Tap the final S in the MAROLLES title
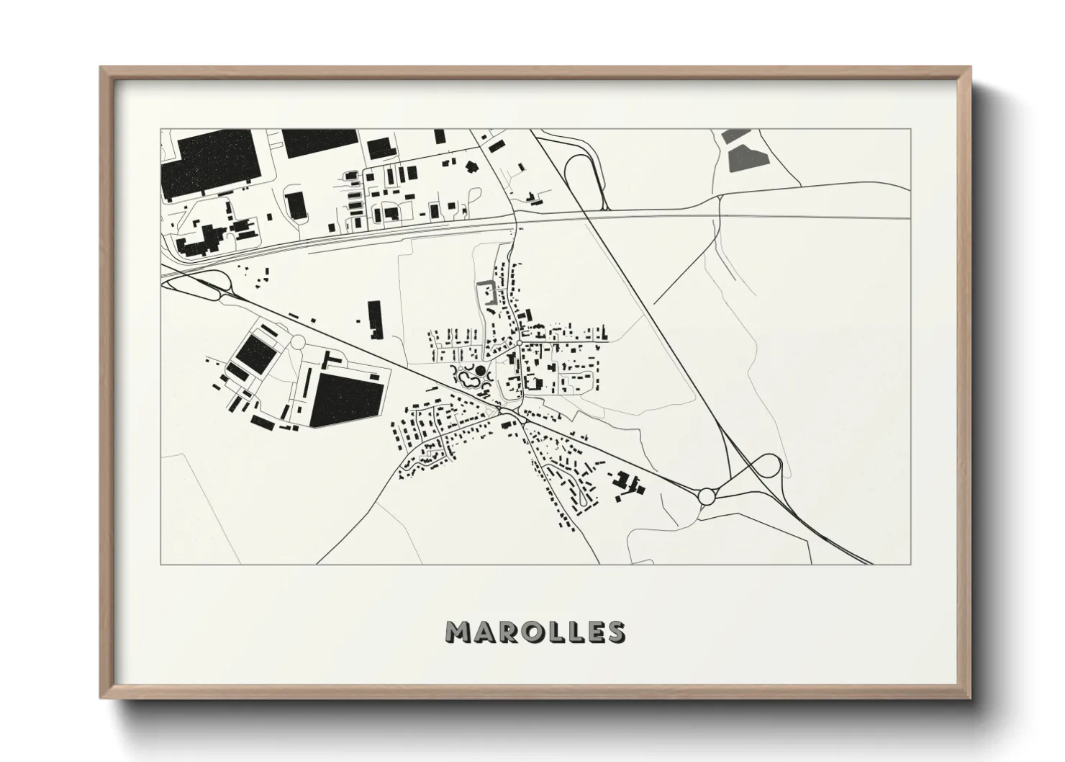[616, 632]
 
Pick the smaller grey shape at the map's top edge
[735, 135]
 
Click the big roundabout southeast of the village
[706, 496]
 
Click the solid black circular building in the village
[481, 371]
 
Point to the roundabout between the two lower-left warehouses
[296, 342]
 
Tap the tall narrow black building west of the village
[373, 320]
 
